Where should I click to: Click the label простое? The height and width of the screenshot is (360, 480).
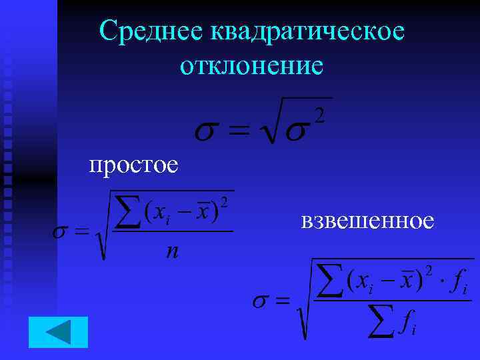point(133,163)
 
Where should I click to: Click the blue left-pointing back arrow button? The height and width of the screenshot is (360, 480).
point(58,332)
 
